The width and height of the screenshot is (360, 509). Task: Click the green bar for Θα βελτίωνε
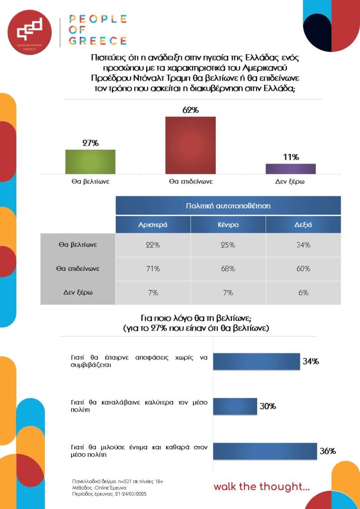pyautogui.click(x=90, y=162)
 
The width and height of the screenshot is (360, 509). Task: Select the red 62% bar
pyautogui.click(x=190, y=145)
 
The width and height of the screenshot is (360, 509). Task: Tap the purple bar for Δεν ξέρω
pyautogui.click(x=290, y=169)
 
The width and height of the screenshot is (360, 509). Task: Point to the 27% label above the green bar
pyautogui.click(x=90, y=143)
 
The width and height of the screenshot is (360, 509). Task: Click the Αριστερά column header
pyautogui.click(x=153, y=225)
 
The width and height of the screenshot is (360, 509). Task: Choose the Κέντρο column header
pyautogui.click(x=228, y=225)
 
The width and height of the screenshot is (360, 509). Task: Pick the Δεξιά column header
pyautogui.click(x=303, y=225)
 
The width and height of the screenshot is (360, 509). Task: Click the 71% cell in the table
pyautogui.click(x=153, y=269)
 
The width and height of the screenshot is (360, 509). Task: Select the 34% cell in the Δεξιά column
pyautogui.click(x=303, y=245)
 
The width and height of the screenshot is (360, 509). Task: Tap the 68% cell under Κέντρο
pyautogui.click(x=228, y=269)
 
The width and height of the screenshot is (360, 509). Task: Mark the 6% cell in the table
pyautogui.click(x=303, y=293)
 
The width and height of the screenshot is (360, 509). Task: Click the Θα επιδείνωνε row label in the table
pyautogui.click(x=78, y=269)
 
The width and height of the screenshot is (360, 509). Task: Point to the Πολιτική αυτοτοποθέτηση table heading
pyautogui.click(x=228, y=205)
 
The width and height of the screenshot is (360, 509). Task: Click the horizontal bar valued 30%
pyautogui.click(x=235, y=406)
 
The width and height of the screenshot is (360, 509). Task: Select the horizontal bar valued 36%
pyautogui.click(x=265, y=451)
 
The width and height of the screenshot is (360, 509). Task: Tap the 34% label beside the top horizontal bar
pyautogui.click(x=311, y=361)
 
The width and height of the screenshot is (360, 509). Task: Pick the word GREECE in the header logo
pyautogui.click(x=97, y=41)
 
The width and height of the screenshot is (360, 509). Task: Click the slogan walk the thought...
pyautogui.click(x=262, y=487)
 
